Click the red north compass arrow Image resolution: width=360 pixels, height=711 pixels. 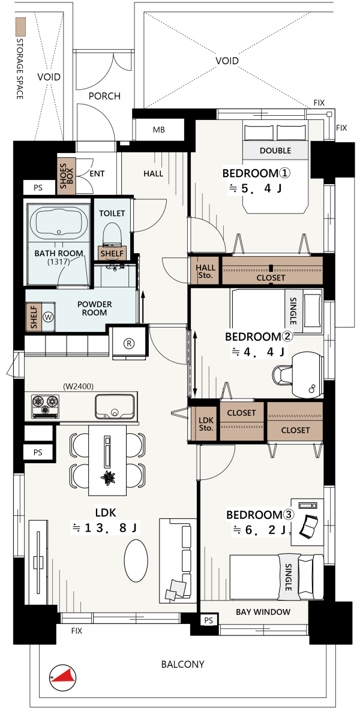(x=65, y=676)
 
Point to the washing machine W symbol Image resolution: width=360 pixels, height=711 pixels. (x=49, y=317)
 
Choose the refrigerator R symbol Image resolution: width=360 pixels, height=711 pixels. (x=129, y=343)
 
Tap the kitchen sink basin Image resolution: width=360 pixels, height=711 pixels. (x=114, y=406)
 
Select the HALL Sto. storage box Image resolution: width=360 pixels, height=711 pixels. (x=205, y=271)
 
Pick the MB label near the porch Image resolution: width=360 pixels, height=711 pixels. (x=158, y=130)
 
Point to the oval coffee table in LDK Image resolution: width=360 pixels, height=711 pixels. (x=136, y=560)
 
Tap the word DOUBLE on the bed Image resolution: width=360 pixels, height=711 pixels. (x=275, y=151)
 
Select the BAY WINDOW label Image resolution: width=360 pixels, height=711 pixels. (x=263, y=612)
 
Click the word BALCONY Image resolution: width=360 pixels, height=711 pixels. (x=183, y=664)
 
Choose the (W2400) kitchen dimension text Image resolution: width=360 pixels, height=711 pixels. (x=78, y=387)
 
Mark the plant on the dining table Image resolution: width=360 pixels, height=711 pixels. (x=109, y=478)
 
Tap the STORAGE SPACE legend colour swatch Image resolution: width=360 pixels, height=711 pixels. (x=20, y=27)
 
